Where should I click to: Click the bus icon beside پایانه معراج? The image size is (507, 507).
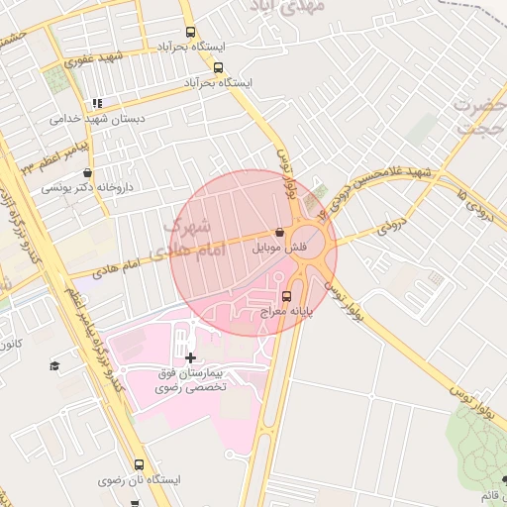[287, 295]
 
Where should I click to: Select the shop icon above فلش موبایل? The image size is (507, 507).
[279, 231]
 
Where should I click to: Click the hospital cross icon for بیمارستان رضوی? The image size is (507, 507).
[190, 356]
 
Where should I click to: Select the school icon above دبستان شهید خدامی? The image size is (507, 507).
[97, 103]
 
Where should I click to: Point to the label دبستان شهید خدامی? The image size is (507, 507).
[98, 118]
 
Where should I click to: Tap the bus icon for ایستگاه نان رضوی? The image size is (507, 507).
[139, 464]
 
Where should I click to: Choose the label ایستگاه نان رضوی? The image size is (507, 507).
[140, 480]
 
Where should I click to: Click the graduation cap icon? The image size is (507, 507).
[55, 366]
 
